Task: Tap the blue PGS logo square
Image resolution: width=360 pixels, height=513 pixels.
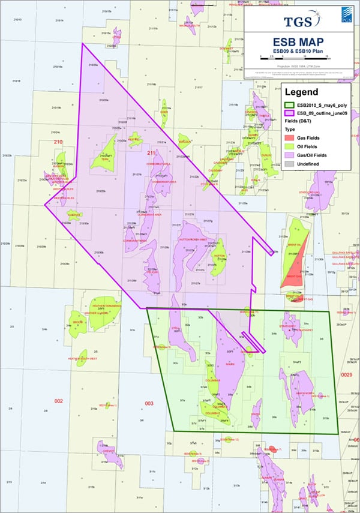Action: tap(346, 15)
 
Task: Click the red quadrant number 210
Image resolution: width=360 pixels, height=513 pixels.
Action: tap(58, 142)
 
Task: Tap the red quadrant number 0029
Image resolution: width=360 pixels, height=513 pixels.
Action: tap(346, 374)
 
